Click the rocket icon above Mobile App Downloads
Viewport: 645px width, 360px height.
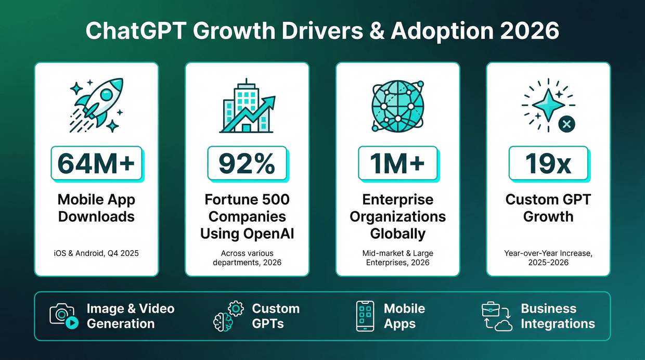click(x=97, y=104)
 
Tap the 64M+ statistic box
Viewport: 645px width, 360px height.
click(x=96, y=163)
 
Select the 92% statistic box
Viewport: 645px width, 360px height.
click(x=247, y=163)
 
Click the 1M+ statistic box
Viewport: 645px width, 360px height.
click(x=397, y=163)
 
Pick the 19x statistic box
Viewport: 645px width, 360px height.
click(x=548, y=163)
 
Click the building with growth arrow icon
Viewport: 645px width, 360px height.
click(x=247, y=107)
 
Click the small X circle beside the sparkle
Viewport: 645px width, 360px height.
click(x=566, y=124)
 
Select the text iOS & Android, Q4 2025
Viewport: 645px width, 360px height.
click(x=96, y=253)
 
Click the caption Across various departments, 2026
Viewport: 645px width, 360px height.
click(x=247, y=258)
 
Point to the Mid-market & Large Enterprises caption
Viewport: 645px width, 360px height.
click(x=397, y=258)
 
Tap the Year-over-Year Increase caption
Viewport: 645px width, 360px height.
click(x=548, y=258)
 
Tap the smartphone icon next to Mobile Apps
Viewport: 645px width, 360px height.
click(x=365, y=316)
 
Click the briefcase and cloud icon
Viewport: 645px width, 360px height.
click(x=497, y=316)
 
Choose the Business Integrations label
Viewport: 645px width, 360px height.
click(x=558, y=316)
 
